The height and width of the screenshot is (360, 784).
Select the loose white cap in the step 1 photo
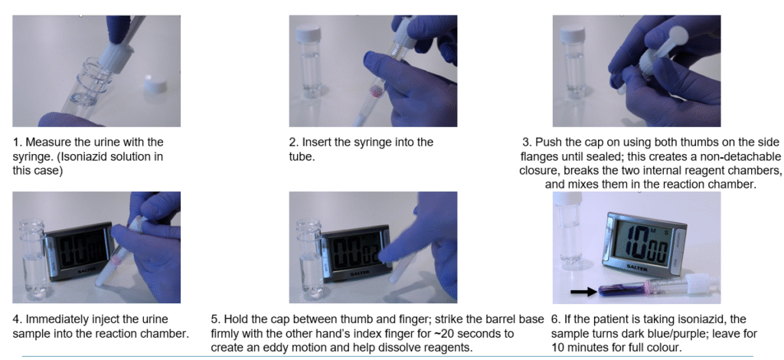(x=155, y=84)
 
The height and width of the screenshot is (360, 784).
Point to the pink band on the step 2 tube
(x=375, y=91)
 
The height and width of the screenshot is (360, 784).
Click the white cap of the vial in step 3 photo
(x=573, y=33)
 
